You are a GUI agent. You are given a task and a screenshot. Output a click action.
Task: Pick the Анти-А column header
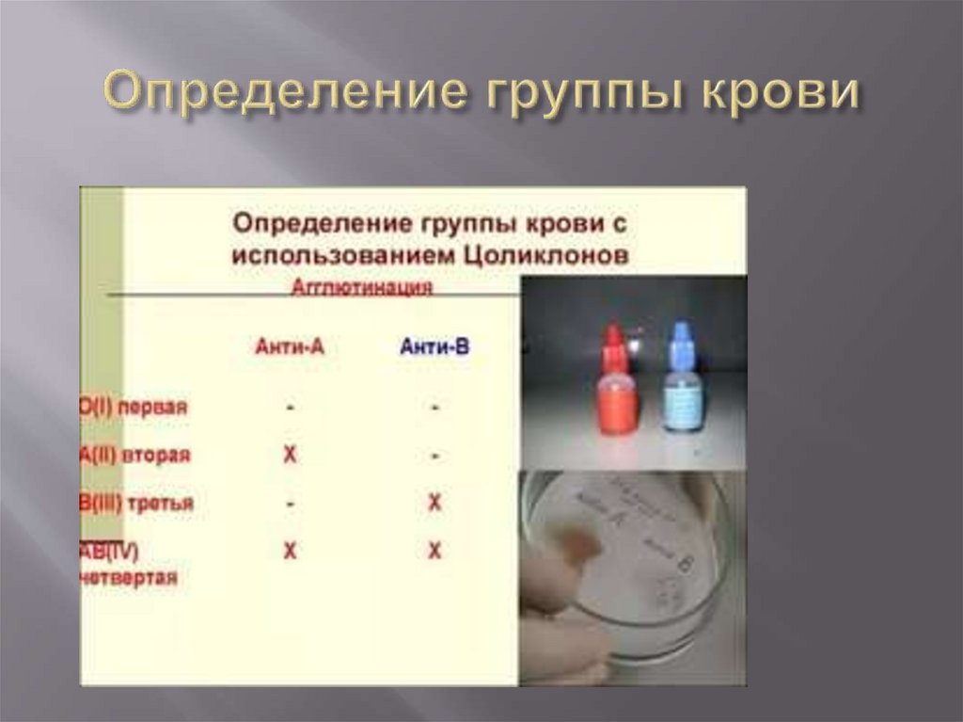tap(290, 346)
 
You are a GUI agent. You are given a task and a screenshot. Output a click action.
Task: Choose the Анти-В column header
tap(434, 346)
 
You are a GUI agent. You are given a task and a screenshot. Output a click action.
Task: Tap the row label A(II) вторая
tap(135, 455)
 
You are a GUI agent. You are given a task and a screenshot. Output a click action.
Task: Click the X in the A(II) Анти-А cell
tap(290, 456)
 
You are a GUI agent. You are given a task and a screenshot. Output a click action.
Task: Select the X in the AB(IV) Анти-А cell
tap(290, 552)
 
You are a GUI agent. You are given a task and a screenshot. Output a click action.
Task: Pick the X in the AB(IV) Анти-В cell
tap(434, 552)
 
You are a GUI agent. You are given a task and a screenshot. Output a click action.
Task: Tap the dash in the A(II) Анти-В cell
tap(434, 457)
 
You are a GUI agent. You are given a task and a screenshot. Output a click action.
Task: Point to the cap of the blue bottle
tap(681, 341)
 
